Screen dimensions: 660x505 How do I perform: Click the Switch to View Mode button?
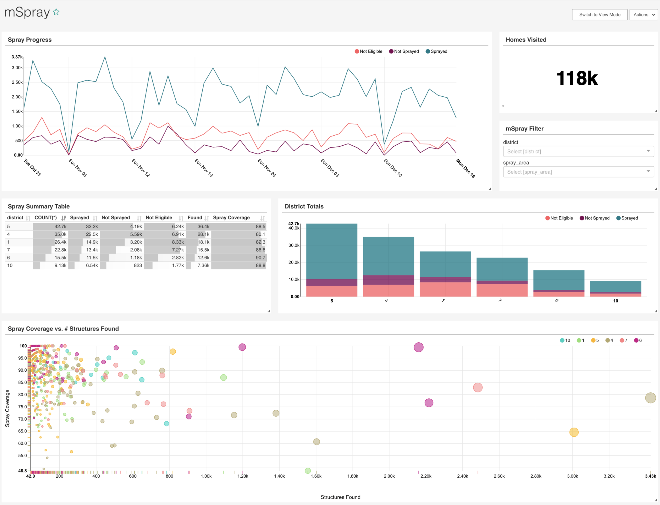click(x=600, y=15)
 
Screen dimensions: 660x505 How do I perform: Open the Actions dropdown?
click(x=644, y=15)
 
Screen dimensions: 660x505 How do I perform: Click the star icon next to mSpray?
click(x=56, y=12)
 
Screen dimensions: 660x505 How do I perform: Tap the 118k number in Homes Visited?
click(x=577, y=78)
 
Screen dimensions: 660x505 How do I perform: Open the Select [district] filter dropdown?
click(x=578, y=152)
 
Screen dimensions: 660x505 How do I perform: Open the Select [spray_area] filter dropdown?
click(x=578, y=172)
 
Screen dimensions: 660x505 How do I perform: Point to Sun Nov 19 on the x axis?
click(x=204, y=168)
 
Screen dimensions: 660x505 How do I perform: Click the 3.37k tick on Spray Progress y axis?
click(x=17, y=57)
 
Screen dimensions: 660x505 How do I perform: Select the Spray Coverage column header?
click(x=231, y=218)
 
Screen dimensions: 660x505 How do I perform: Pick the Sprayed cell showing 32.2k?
click(x=92, y=226)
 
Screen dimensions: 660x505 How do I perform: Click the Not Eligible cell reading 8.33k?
click(x=178, y=242)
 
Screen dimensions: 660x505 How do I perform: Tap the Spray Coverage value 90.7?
click(x=260, y=258)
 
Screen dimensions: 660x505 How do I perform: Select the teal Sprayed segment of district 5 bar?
click(x=332, y=251)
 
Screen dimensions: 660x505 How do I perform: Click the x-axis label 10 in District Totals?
click(x=616, y=301)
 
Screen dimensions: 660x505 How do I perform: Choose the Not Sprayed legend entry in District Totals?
click(x=595, y=218)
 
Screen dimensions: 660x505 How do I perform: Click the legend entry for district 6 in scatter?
click(x=638, y=341)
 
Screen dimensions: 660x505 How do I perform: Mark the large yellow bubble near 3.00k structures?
click(x=574, y=432)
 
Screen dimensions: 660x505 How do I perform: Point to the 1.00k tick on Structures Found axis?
click(x=206, y=476)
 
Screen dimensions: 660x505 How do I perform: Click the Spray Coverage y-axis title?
click(x=7, y=409)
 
